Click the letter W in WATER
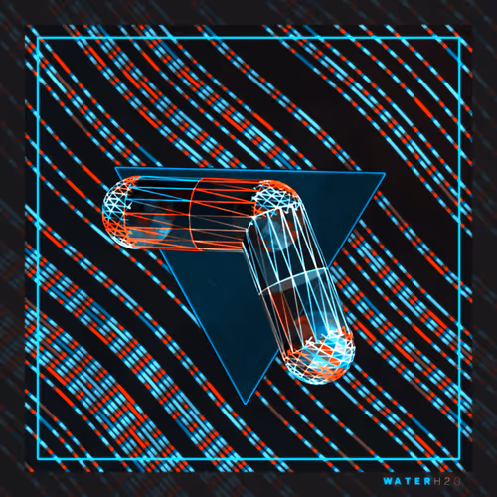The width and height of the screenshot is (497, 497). coord(388,481)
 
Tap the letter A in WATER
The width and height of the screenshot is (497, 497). coord(399,481)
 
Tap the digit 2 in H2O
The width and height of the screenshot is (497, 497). coord(447,481)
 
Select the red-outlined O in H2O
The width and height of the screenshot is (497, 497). coord(457,481)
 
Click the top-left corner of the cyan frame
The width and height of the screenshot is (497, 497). coord(38,38)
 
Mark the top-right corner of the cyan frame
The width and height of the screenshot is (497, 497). coord(460,38)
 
